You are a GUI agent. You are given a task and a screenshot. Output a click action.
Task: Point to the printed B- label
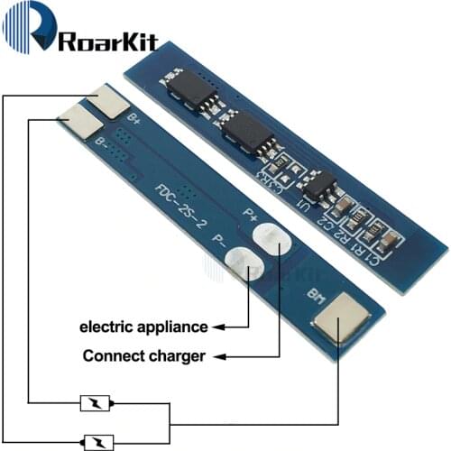point(103,142)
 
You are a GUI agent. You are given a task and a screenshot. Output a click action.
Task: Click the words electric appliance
point(143,326)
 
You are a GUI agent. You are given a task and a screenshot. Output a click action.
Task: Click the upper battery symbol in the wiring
point(96,403)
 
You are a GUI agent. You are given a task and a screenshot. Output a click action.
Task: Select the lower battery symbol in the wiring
point(96,441)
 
